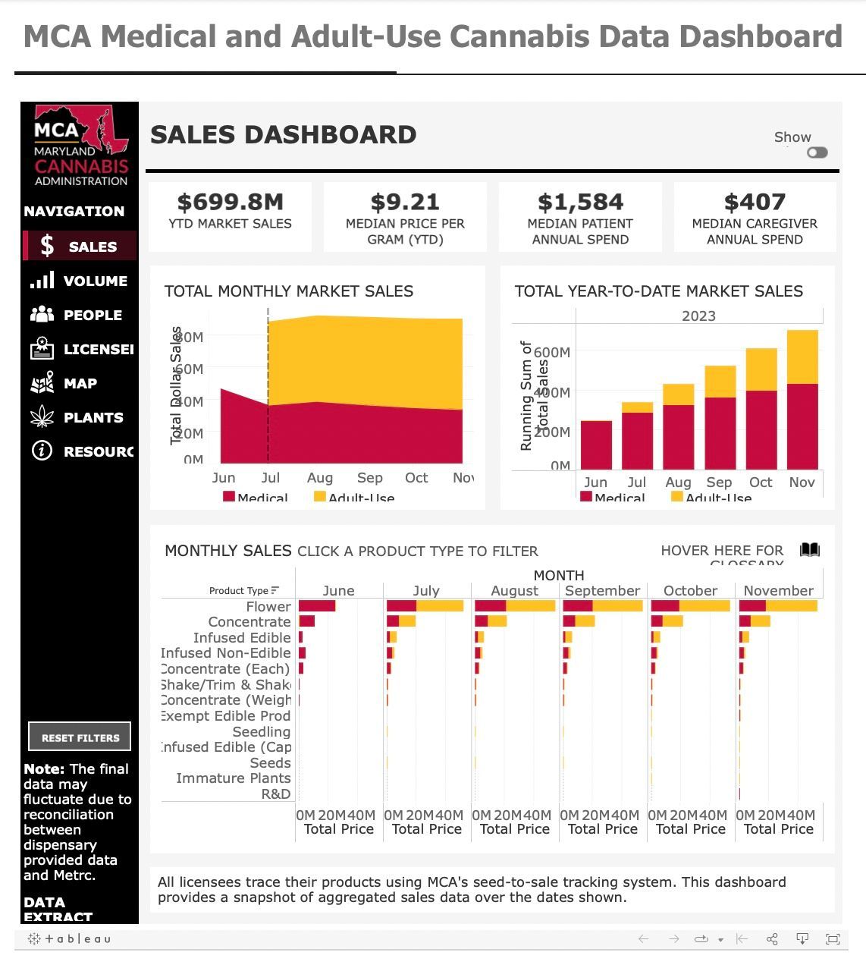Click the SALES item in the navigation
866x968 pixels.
tap(80, 247)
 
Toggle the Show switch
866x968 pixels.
tap(817, 152)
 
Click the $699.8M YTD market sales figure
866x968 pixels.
tap(230, 203)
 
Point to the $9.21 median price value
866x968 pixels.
tap(405, 203)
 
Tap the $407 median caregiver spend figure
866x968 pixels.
tap(755, 203)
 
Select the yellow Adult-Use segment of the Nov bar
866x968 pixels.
tap(802, 357)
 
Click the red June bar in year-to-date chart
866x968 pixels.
tap(596, 445)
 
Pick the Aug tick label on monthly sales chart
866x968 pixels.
tap(320, 478)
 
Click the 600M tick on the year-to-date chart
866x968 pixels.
tap(552, 352)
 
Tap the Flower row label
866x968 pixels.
tap(268, 607)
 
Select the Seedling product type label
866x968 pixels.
tap(262, 731)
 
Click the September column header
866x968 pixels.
tap(602, 590)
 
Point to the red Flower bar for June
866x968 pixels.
tap(317, 606)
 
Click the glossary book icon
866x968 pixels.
tap(810, 550)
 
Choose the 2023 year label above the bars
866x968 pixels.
tap(698, 316)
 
